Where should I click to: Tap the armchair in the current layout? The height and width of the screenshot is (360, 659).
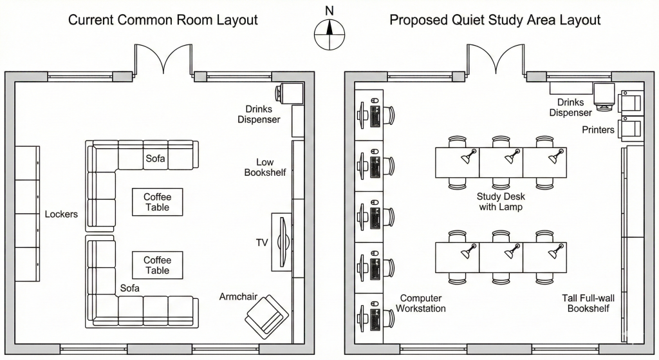point(266,316)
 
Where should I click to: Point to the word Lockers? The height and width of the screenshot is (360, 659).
point(61,214)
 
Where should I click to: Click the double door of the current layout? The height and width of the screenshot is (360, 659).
point(163,61)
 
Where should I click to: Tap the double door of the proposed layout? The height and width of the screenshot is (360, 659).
point(496,61)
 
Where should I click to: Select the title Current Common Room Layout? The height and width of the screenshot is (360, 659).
point(163,20)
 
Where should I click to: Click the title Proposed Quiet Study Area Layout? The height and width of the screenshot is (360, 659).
point(495,20)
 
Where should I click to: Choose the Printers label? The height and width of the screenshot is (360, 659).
point(599,130)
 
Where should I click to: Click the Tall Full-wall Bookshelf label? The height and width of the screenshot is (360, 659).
point(586,303)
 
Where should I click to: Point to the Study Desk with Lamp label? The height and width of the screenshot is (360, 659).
point(499,202)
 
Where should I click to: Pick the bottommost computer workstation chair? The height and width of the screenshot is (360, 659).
point(391,317)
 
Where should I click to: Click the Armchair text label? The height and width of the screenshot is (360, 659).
point(238,297)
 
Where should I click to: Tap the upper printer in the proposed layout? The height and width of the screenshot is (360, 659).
point(630,103)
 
